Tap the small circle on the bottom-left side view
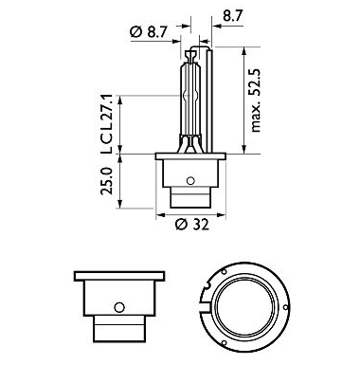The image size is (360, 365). [119, 307]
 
